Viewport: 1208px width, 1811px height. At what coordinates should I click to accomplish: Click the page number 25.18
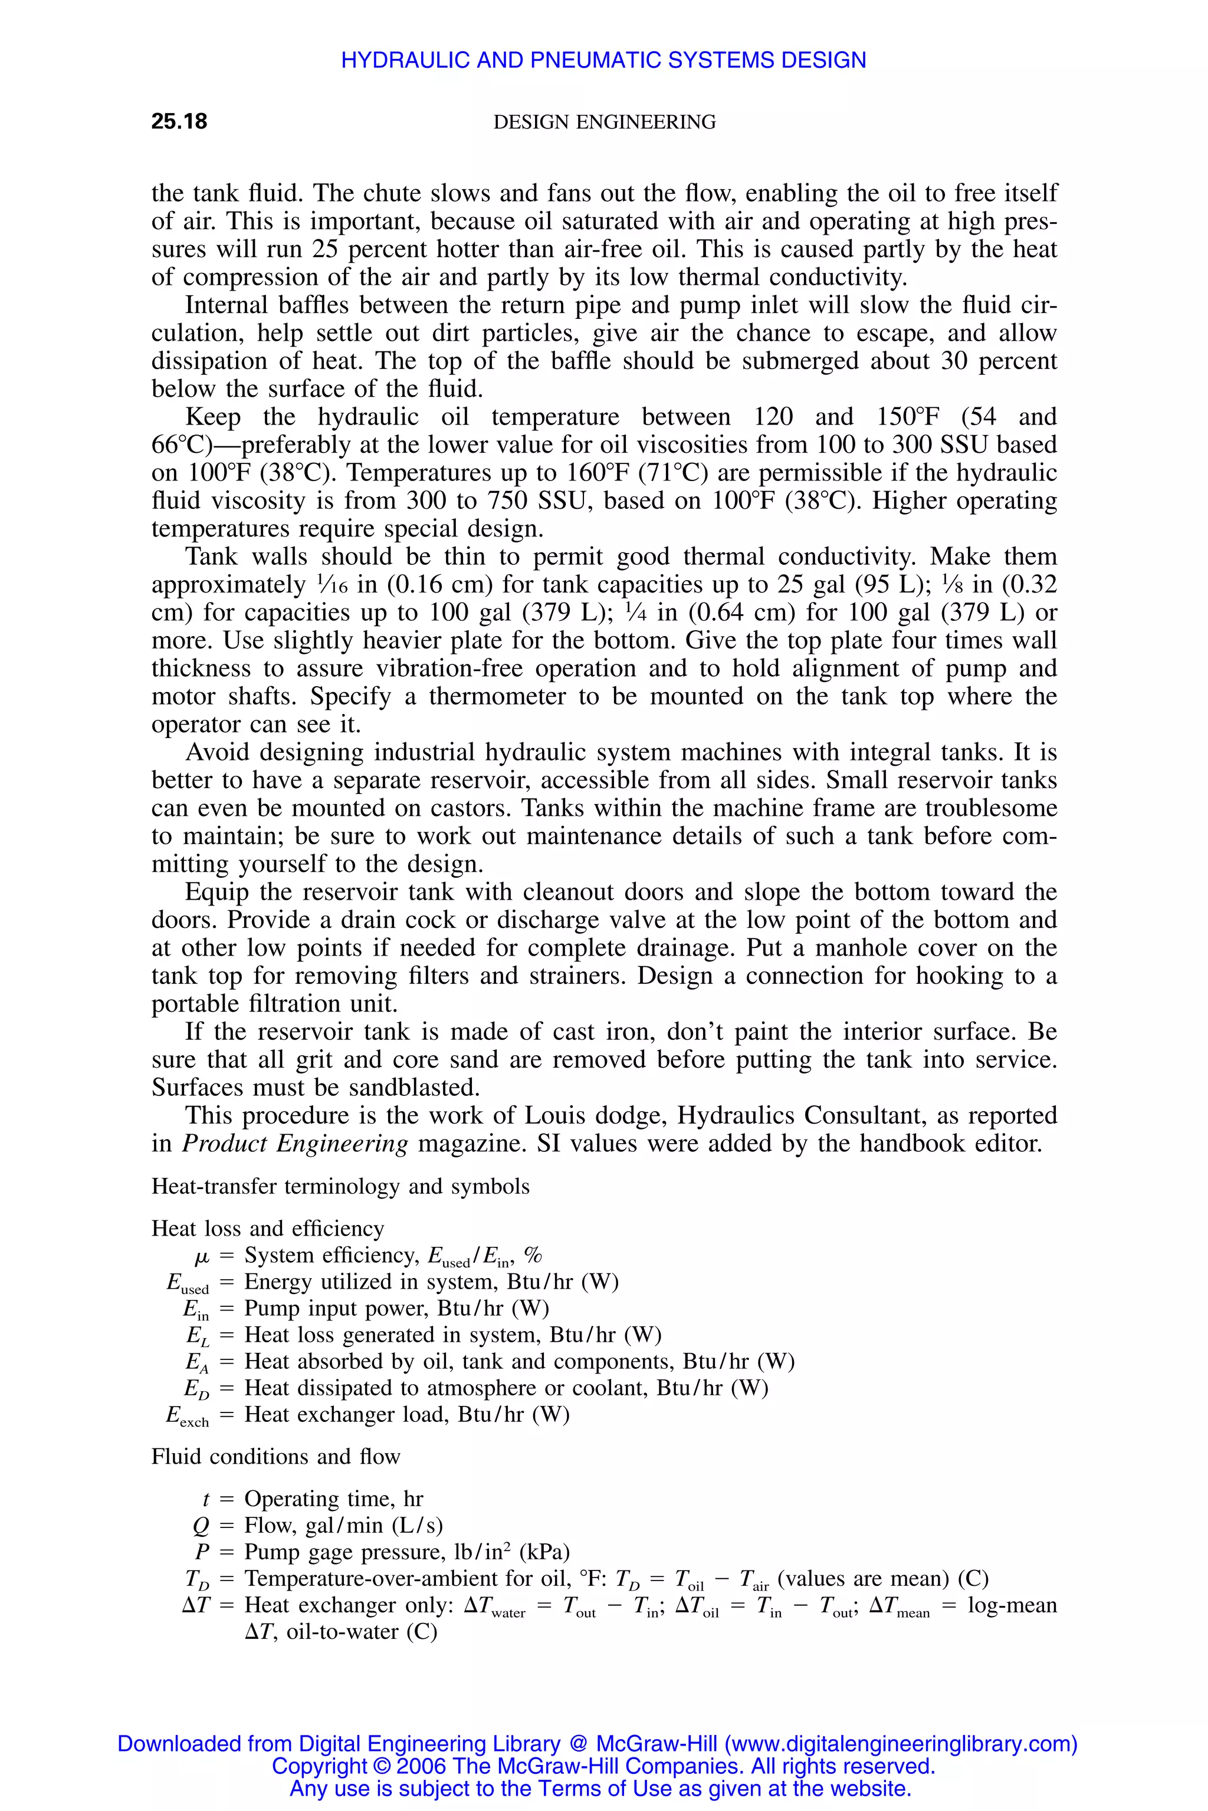[179, 121]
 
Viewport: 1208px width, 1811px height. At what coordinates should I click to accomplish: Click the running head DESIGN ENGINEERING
[604, 123]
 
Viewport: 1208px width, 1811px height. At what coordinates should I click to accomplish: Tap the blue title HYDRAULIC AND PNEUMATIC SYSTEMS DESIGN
[603, 60]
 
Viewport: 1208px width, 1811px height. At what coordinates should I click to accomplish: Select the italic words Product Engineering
[294, 1144]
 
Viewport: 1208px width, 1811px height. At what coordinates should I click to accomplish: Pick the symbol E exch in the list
[187, 1416]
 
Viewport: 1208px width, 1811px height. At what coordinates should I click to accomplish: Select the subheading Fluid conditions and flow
[276, 1457]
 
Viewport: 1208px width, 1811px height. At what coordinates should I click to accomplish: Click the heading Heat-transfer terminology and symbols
[340, 1187]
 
